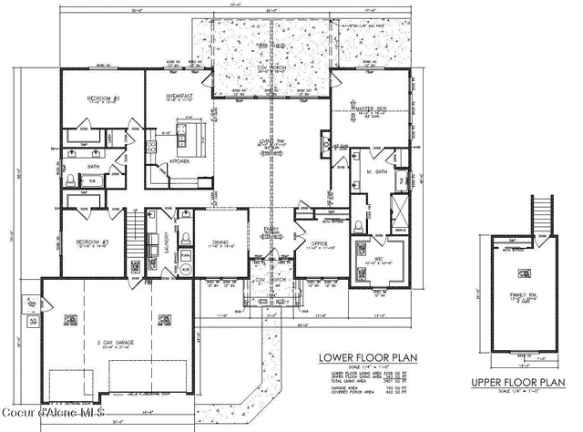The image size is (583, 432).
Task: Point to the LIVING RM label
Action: tap(270, 142)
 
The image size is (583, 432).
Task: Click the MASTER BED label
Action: tap(371, 111)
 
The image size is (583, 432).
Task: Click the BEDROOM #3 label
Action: tap(91, 242)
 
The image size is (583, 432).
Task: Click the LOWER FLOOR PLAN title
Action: tap(360, 358)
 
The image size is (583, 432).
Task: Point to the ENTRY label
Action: tap(271, 231)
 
